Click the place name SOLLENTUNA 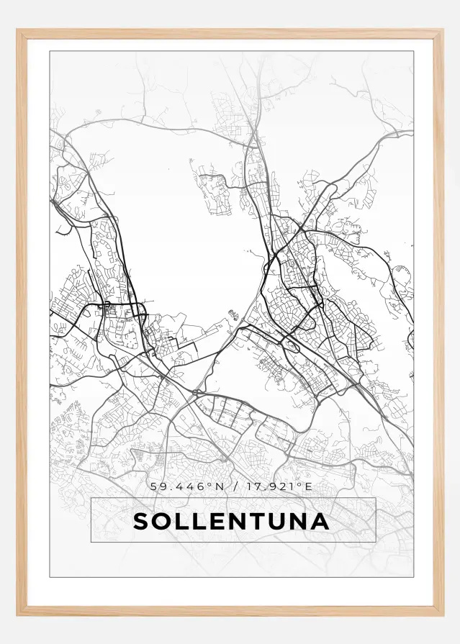click(x=231, y=521)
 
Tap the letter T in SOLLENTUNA click(x=255, y=521)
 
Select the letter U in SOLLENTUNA click(x=276, y=521)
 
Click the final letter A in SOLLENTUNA click(x=320, y=521)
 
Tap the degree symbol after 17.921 click(x=302, y=484)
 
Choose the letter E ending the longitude click(x=309, y=486)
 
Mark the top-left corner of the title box click(x=91, y=498)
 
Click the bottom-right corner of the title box click(x=376, y=541)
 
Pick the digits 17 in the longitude click(x=251, y=486)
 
